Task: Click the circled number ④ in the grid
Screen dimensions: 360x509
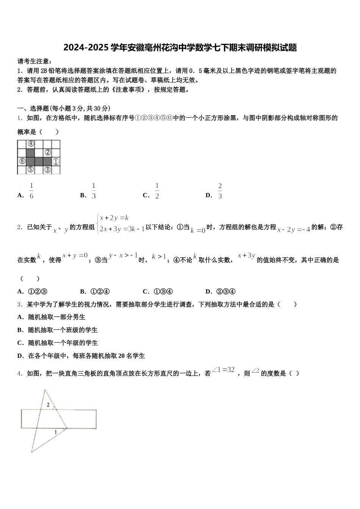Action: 31,144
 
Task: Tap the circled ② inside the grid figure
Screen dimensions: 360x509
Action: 48,153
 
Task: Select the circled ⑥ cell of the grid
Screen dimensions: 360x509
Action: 22,161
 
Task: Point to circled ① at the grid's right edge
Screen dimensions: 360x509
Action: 56,162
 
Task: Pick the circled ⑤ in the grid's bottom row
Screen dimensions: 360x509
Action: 31,170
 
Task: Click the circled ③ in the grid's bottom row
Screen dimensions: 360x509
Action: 48,170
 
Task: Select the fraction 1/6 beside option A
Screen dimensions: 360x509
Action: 31,191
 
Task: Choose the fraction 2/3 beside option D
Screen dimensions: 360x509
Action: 220,191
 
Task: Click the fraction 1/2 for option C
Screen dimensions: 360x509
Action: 157,191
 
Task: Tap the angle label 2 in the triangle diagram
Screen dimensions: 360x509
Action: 48,405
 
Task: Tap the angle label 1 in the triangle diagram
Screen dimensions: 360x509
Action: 56,432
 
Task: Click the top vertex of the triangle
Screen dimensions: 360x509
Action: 45,390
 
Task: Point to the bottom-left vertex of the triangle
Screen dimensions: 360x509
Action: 31,452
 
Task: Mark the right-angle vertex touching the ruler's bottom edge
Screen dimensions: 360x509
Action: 67,429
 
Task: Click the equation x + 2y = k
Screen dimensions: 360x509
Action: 114,218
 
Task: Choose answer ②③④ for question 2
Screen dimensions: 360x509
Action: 226,291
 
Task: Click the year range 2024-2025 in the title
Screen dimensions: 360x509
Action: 86,48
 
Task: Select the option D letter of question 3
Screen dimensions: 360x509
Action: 20,356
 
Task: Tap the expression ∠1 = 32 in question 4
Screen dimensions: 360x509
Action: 224,370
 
